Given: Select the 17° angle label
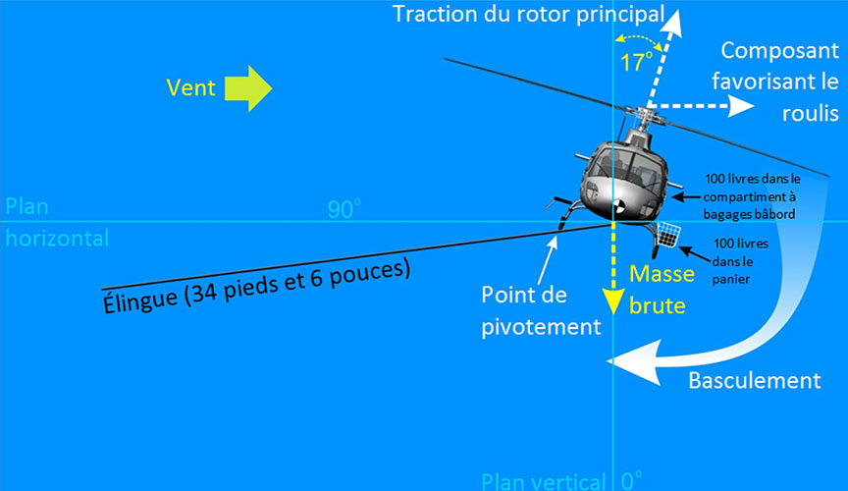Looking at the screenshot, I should click(636, 62).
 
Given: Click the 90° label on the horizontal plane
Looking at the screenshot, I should click(344, 209).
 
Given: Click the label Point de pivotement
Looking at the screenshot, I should click(541, 311).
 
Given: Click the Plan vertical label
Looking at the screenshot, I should click(543, 481).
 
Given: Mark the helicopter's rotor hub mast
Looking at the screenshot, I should click(643, 123).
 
